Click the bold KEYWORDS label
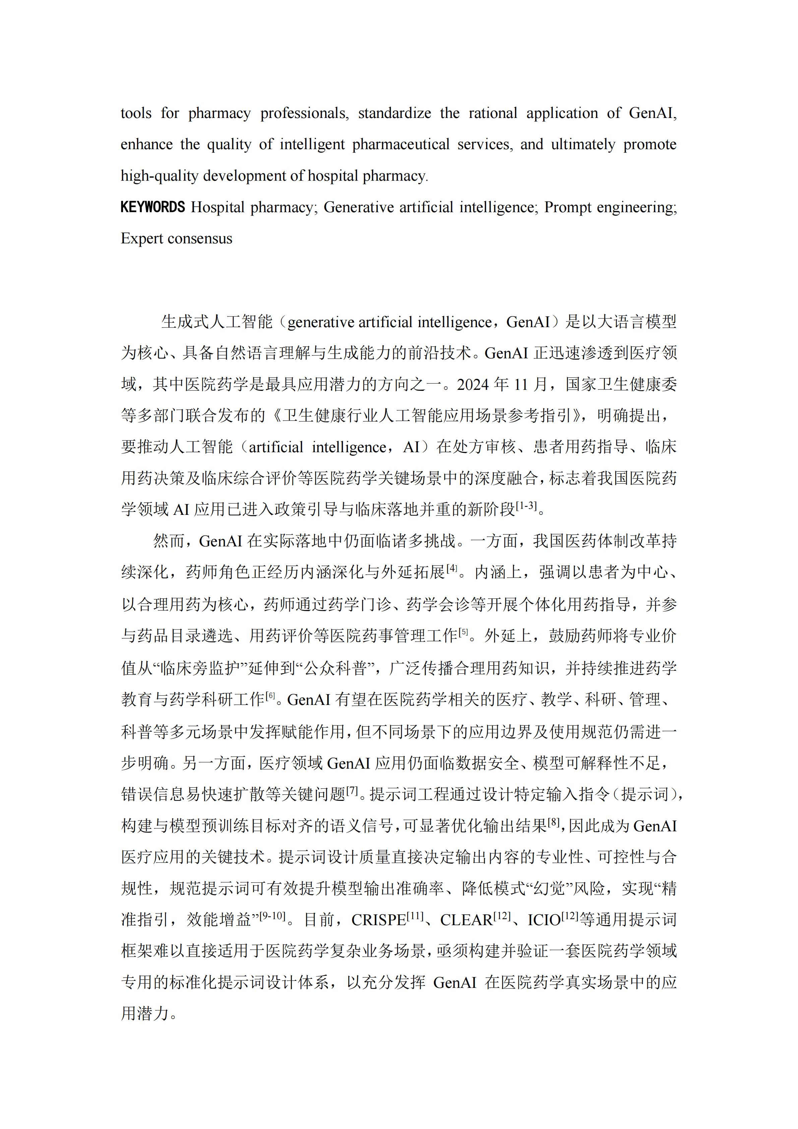pyautogui.click(x=152, y=207)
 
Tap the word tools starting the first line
pyautogui.click(x=136, y=113)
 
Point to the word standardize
pyautogui.click(x=394, y=113)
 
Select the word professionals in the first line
pyautogui.click(x=304, y=113)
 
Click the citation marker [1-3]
pyautogui.click(x=526, y=505)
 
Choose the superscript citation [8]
pyautogui.click(x=554, y=822)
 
